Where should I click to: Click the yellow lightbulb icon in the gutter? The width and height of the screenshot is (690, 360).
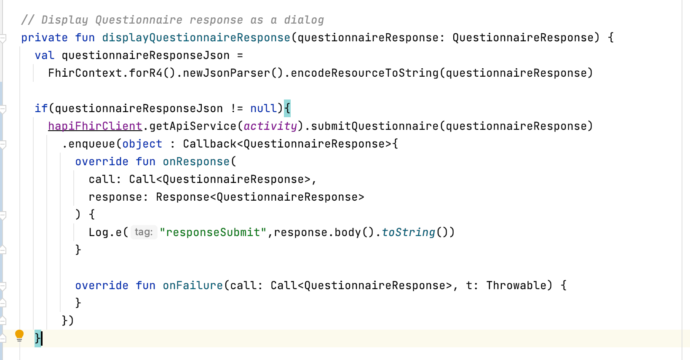tap(19, 336)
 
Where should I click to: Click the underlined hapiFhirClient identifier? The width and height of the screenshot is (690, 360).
tap(95, 126)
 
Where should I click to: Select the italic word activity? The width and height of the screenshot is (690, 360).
tap(270, 126)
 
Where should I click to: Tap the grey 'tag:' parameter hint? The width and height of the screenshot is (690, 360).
tap(144, 232)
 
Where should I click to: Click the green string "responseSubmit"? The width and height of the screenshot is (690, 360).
tap(213, 232)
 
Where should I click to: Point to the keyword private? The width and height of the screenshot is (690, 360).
tap(44, 38)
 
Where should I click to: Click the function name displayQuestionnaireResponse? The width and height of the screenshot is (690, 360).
tap(196, 38)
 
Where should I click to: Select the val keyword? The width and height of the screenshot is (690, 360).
tap(45, 56)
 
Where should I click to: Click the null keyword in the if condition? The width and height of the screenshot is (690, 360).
tap(263, 108)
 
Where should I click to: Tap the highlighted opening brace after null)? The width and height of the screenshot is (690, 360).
tap(287, 108)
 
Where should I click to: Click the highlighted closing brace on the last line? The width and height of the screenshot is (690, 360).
tap(37, 339)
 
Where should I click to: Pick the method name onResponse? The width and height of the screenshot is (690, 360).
tap(196, 161)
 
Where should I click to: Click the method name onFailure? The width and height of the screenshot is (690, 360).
tap(193, 285)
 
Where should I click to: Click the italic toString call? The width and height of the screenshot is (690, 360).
tap(409, 232)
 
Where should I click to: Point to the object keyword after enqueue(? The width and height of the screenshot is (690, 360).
tap(142, 144)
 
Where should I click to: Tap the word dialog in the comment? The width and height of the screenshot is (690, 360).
tap(304, 20)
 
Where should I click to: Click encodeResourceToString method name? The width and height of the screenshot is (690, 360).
tap(364, 73)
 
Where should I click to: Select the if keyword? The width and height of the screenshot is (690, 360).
tap(41, 108)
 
